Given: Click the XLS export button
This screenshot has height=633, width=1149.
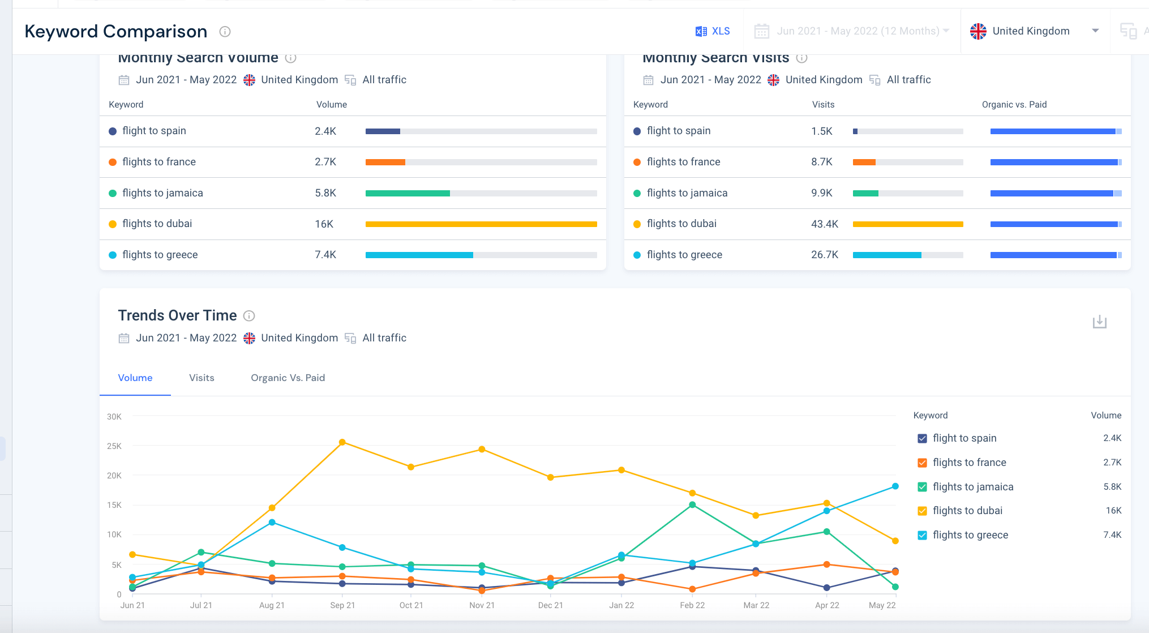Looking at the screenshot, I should click(713, 31).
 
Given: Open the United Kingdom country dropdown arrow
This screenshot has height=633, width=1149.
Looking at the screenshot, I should click(1095, 31).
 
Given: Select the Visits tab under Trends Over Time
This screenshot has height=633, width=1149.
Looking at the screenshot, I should click(201, 378).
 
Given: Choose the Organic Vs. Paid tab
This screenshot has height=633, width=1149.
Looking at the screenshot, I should click(288, 378).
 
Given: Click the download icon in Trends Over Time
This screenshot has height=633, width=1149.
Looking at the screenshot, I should click(1099, 322).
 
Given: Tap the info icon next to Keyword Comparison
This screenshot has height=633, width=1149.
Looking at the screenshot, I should click(225, 32).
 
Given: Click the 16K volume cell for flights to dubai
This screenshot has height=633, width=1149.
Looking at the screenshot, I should click(324, 224).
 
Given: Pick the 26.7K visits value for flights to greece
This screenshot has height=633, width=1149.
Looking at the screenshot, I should click(824, 255).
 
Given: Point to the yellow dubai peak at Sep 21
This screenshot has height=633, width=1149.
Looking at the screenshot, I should click(342, 442).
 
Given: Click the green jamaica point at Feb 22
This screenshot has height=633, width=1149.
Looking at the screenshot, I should click(692, 504).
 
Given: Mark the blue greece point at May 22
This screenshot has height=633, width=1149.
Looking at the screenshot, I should click(895, 486).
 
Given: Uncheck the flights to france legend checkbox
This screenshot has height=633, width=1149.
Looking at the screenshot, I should click(922, 463).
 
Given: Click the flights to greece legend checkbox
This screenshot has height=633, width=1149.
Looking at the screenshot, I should click(922, 535).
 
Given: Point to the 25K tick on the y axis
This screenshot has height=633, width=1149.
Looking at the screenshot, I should click(114, 446).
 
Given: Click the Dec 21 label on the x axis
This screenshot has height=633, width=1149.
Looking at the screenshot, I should click(550, 605).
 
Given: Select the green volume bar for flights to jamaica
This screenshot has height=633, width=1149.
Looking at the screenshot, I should click(408, 193).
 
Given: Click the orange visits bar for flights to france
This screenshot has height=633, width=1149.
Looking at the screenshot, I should click(864, 162).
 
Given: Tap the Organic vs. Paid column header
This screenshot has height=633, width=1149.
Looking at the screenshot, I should click(1014, 105).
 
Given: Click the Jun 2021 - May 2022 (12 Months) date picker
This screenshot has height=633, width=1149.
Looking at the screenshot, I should click(852, 31).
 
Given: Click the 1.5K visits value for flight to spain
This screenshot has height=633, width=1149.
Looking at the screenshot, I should click(821, 131).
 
